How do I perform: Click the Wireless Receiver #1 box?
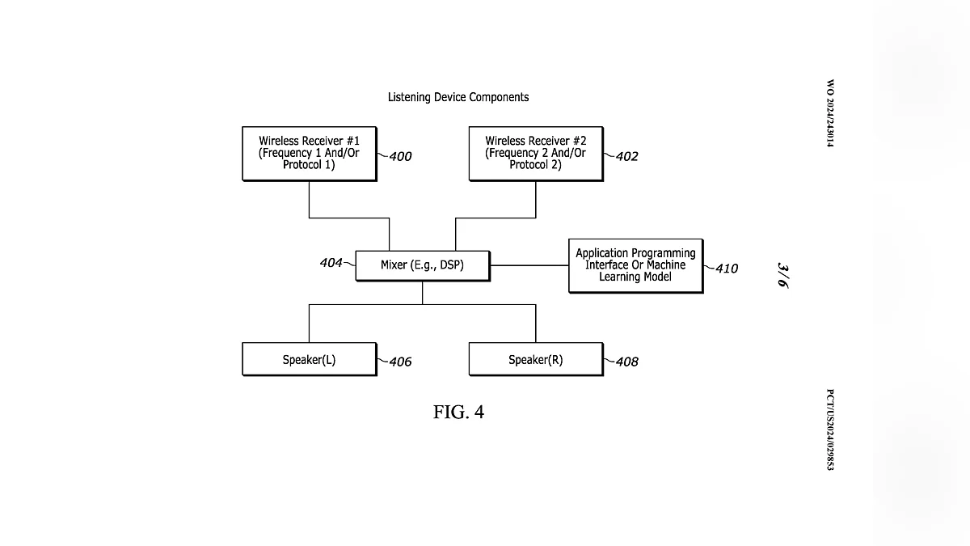tap(309, 153)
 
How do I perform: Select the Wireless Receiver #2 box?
tap(535, 153)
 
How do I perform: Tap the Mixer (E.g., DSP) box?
tap(422, 265)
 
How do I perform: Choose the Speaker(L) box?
tap(309, 360)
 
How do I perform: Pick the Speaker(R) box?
tap(535, 360)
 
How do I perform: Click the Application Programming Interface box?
tap(635, 265)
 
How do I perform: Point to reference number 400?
tap(399, 157)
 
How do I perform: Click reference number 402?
tap(626, 157)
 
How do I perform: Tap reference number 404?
tap(331, 263)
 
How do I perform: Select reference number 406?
tap(399, 362)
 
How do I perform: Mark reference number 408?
tap(626, 362)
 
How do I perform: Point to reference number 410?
tap(726, 269)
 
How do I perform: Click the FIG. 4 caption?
tap(458, 413)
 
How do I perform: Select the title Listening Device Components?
tap(458, 97)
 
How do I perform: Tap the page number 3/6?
tap(782, 275)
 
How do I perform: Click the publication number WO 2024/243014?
tap(829, 112)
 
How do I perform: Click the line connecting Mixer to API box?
tap(529, 265)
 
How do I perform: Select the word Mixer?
tap(394, 265)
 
